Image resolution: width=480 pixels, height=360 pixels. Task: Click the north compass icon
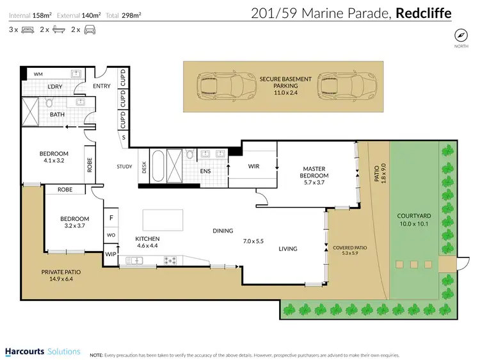pos(460,35)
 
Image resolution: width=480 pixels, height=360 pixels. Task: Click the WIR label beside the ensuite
pos(253,167)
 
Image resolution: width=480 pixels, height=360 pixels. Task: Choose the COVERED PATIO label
pos(349,250)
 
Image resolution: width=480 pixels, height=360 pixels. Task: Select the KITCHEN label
pos(147,242)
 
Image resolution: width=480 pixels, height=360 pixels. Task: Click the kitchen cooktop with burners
pos(171,260)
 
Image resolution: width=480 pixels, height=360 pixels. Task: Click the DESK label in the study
pos(144,167)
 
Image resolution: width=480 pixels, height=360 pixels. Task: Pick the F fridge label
pos(111,218)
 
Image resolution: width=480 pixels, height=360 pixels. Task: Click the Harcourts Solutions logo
pos(42,352)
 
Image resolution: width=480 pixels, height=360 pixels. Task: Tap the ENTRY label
pos(102,86)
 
